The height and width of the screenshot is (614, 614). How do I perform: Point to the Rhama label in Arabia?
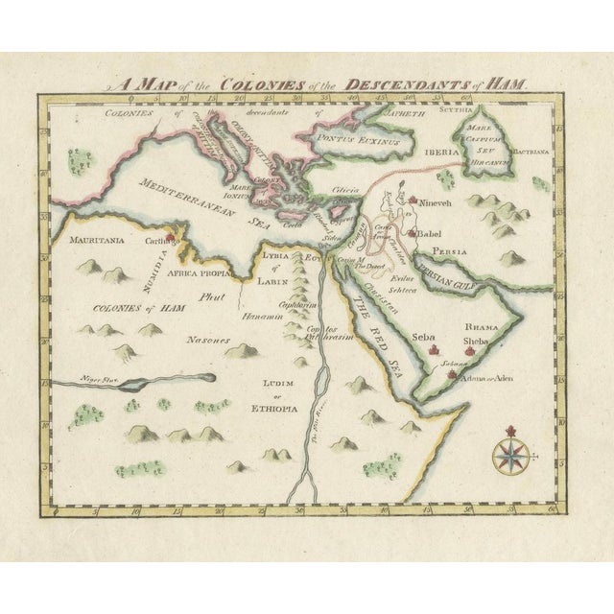pos(478,325)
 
